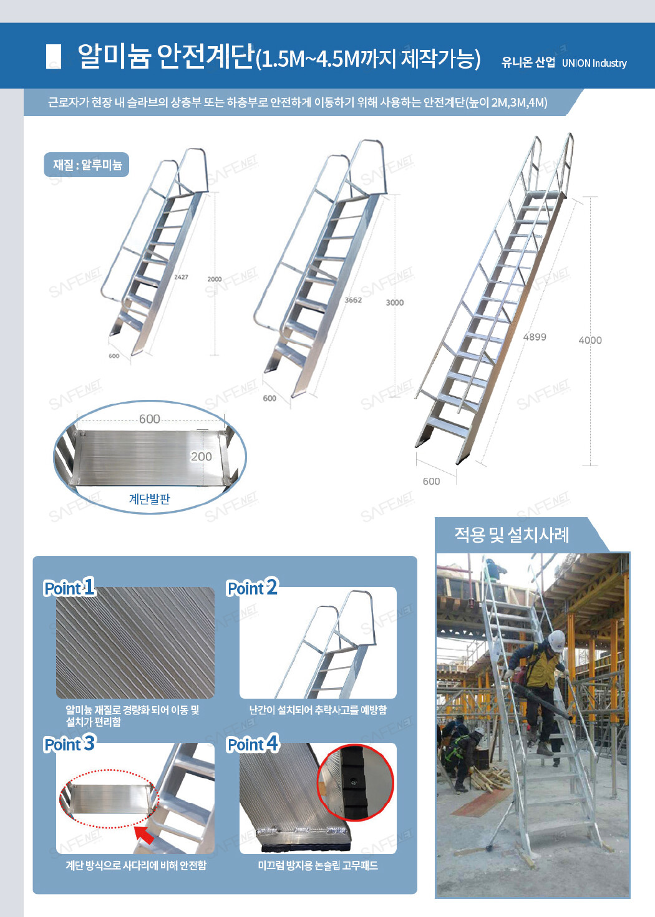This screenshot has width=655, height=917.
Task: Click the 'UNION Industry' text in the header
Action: [594, 63]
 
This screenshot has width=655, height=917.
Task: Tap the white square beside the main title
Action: [53, 57]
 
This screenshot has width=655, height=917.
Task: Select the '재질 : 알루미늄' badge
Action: [86, 165]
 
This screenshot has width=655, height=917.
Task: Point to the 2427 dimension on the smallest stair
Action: [181, 277]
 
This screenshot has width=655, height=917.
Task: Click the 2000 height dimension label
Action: [215, 279]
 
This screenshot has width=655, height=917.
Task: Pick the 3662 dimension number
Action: [353, 300]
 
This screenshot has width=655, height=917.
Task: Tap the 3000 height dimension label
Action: [395, 303]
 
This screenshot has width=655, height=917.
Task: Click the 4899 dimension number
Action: [535, 337]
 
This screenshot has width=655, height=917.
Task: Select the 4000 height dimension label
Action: [590, 340]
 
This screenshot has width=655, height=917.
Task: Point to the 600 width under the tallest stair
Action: [432, 482]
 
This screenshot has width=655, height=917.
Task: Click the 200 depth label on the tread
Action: [201, 457]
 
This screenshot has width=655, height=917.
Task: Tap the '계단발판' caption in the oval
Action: [149, 498]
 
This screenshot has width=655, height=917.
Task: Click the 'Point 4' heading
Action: [253, 742]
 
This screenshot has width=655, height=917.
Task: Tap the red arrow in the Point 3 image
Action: [145, 834]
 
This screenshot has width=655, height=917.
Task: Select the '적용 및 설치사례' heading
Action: [512, 535]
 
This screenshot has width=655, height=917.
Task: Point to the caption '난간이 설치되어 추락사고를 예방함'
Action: [318, 709]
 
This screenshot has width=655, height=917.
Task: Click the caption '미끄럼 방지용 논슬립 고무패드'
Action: [318, 865]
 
